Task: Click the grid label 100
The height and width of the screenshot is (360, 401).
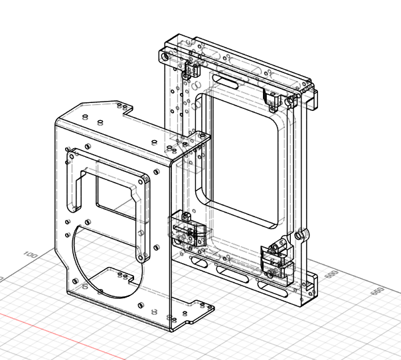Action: pos(30,254)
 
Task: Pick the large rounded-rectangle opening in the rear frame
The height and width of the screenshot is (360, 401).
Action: pos(242,156)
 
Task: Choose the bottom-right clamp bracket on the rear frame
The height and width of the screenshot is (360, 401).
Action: pos(278,259)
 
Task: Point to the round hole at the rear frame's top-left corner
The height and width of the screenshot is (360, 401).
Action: pos(165,52)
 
